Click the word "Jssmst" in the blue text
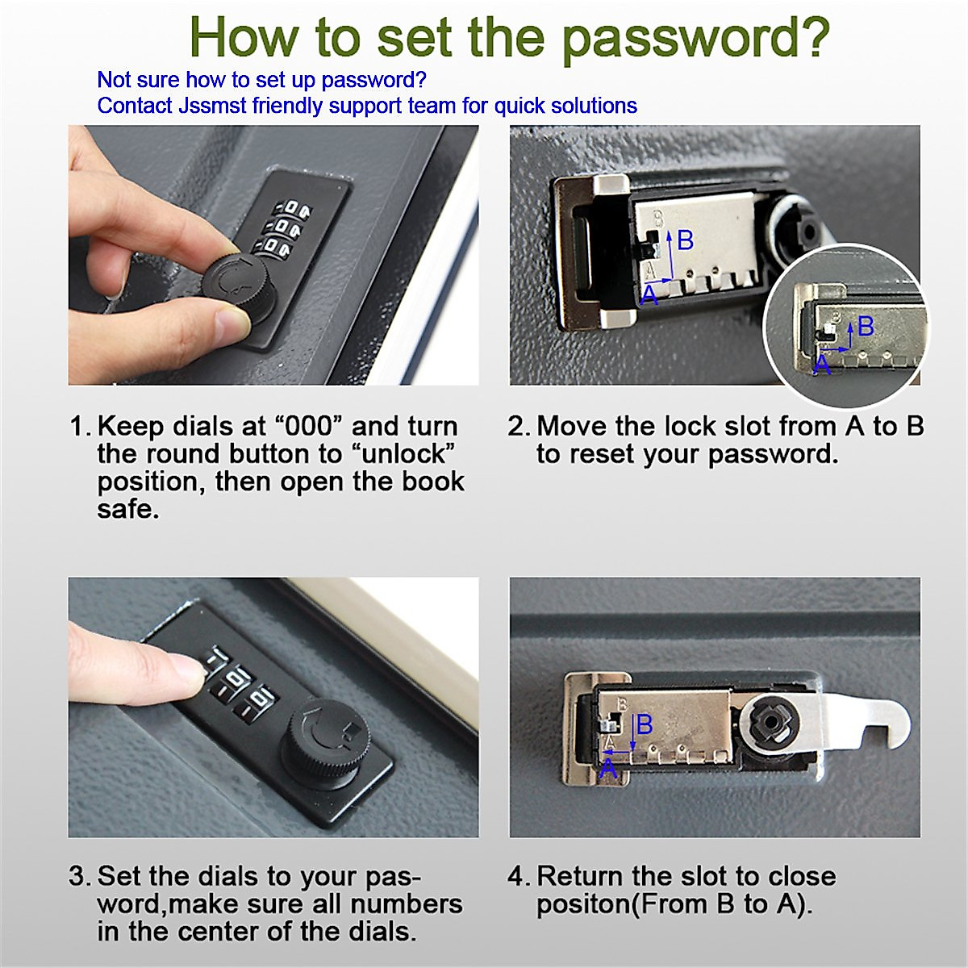[x=212, y=106]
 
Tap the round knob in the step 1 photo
[x=240, y=284]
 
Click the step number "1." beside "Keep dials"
[x=81, y=427]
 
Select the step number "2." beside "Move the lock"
[x=519, y=427]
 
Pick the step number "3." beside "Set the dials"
[x=81, y=876]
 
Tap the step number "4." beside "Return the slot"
[x=519, y=876]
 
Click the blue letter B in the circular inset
[x=866, y=326]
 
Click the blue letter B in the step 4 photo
[x=645, y=725]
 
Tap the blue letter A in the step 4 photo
[x=608, y=769]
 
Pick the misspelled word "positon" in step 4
[x=582, y=905]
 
